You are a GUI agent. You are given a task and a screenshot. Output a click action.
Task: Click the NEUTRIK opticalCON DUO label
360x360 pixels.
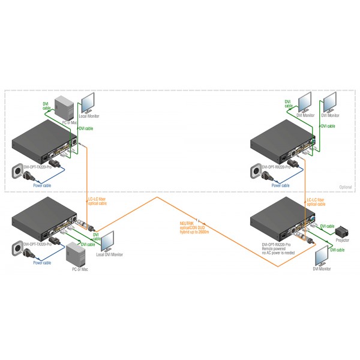click(x=194, y=227)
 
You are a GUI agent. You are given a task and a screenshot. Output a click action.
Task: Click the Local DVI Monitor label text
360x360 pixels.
click(x=109, y=254)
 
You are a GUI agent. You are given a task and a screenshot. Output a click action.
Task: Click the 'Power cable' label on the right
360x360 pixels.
click(x=281, y=185)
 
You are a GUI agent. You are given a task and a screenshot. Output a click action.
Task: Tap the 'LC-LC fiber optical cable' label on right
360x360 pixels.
click(x=315, y=202)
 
